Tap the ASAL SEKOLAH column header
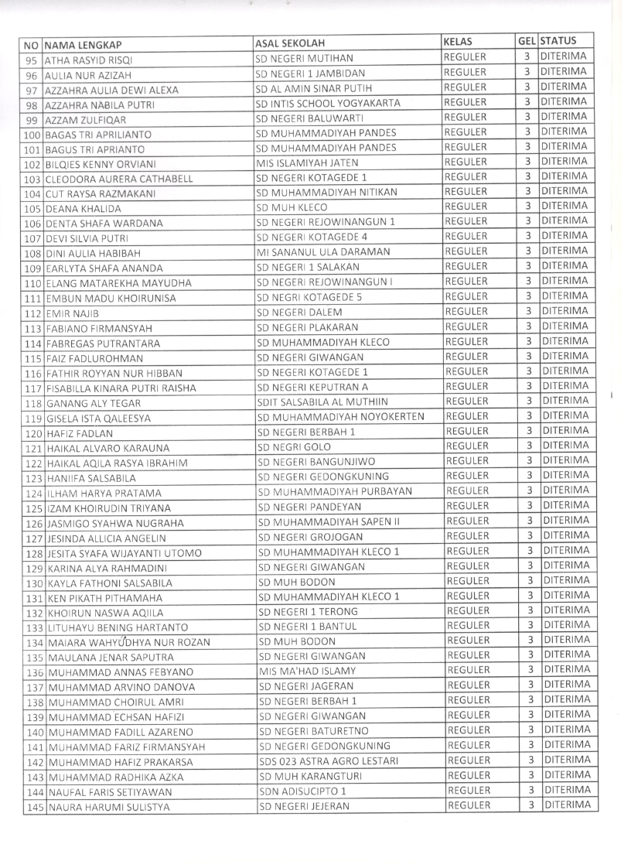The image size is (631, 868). (290, 43)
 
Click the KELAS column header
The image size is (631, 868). (459, 41)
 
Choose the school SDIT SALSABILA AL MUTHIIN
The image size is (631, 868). (327, 401)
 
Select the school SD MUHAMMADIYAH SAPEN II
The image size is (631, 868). (329, 521)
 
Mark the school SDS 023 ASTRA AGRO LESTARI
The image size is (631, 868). (329, 761)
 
